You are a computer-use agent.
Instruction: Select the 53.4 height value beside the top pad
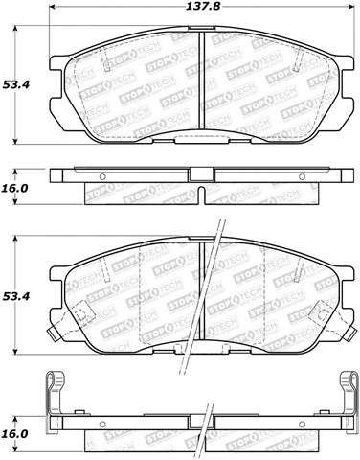[13, 82]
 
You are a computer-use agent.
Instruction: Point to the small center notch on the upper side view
[203, 175]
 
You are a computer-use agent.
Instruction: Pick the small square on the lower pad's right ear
[324, 314]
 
